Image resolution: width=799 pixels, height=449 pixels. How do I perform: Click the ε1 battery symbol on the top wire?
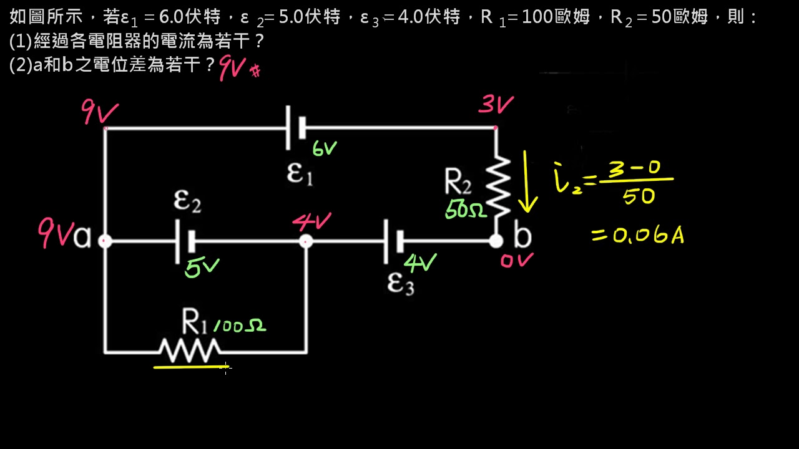click(x=295, y=128)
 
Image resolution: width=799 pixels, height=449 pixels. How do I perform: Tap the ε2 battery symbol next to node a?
click(x=185, y=241)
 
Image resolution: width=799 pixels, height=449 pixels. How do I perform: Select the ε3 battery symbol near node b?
click(x=393, y=241)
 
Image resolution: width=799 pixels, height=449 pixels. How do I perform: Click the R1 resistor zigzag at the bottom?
click(x=190, y=351)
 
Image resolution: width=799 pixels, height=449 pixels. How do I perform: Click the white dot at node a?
click(x=105, y=241)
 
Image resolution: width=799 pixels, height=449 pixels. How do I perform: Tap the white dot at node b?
click(x=496, y=241)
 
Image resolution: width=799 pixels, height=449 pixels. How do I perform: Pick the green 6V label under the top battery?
click(x=325, y=148)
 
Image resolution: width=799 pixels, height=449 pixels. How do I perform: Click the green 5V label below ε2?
click(x=202, y=268)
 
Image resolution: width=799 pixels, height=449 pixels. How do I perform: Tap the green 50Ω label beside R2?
click(x=466, y=210)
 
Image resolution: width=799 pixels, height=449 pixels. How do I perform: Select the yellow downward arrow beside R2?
click(x=527, y=181)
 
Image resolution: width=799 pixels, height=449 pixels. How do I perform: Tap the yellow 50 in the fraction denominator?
click(x=638, y=197)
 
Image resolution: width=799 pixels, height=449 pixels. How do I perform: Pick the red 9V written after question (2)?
click(x=232, y=67)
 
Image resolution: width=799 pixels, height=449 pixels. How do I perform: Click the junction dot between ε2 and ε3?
click(x=306, y=241)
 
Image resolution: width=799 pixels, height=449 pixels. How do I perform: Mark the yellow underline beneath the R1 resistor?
click(x=191, y=367)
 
